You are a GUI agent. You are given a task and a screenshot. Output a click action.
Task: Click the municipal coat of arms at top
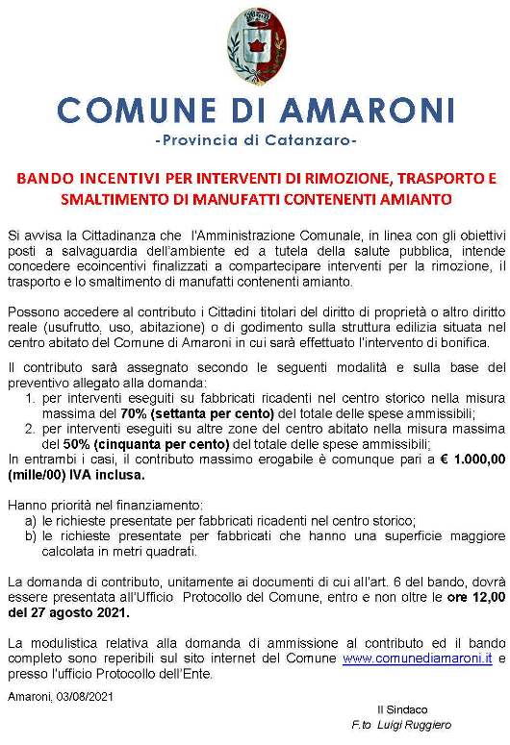point(255,45)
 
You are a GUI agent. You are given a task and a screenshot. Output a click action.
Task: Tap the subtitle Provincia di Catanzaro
point(255,140)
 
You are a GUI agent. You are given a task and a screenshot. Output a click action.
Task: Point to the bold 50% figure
point(77,444)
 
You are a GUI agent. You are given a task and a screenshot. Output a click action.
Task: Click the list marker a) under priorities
point(32,520)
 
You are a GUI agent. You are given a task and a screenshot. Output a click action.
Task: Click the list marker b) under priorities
point(32,535)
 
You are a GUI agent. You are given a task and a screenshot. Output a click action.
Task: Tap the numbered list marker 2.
point(32,429)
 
